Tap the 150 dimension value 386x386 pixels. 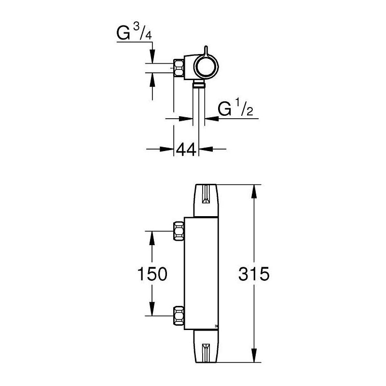coord(153,274)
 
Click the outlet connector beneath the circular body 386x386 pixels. coord(197,85)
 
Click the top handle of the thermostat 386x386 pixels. coord(207,200)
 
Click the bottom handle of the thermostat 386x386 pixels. coord(207,346)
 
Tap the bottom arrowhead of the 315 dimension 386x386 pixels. coord(254,356)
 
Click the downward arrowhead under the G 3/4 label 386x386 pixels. coord(153,58)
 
